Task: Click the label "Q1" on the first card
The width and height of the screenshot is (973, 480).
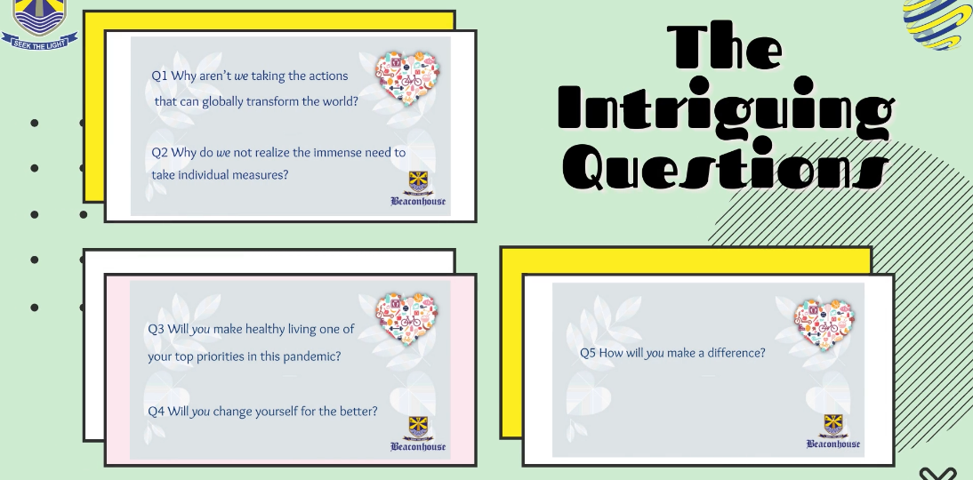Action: (x=159, y=76)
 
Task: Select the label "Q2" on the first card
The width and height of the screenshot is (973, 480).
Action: (x=159, y=153)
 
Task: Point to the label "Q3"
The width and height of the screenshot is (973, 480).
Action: (x=156, y=329)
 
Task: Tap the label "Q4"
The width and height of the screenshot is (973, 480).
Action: (x=156, y=412)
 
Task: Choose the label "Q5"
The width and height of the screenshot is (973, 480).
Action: (x=588, y=353)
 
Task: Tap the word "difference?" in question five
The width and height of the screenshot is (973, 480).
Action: (x=736, y=353)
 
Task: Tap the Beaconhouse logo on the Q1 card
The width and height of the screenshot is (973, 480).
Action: (x=418, y=188)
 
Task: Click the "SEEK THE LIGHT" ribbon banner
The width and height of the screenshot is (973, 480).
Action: (x=40, y=42)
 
